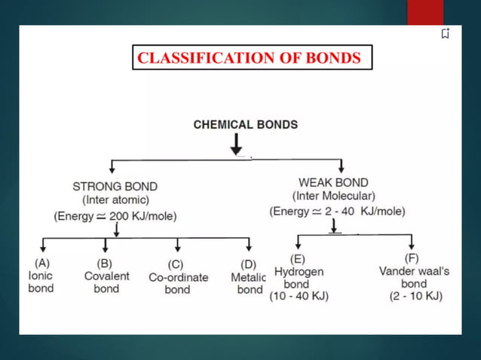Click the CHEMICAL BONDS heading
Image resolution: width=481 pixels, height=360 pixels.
pos(246,125)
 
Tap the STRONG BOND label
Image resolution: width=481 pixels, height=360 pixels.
pos(115,186)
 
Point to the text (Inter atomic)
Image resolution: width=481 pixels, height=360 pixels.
pos(115,200)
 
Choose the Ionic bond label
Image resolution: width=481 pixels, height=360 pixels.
pos(41,282)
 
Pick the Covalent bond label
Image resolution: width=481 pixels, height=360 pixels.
pos(106,282)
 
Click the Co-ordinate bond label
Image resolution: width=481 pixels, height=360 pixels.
pos(178,284)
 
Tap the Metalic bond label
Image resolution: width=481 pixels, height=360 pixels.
pos(248,284)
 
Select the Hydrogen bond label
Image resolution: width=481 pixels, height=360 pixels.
pos(299,278)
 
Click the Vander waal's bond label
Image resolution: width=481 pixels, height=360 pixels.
pos(413,278)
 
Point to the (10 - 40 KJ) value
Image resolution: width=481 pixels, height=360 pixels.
pos(299,297)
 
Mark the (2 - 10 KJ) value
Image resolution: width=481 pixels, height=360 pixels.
pos(416,297)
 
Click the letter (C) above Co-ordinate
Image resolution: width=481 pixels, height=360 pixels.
pos(176,264)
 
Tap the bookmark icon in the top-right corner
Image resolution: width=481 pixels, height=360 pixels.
pos(446,33)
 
